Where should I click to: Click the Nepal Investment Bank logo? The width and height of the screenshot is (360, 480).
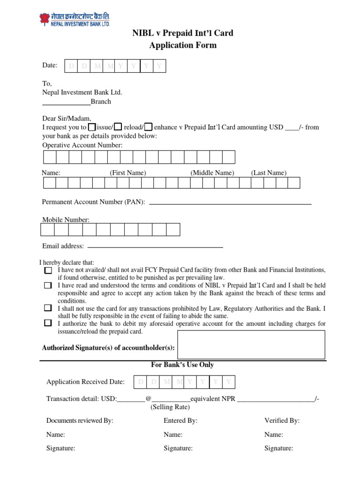(x=74, y=20)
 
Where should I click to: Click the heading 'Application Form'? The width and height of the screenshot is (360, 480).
(x=183, y=45)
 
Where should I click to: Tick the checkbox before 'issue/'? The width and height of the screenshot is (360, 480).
(x=92, y=127)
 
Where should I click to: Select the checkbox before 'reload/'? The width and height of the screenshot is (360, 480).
(x=119, y=127)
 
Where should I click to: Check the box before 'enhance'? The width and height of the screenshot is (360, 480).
(x=148, y=127)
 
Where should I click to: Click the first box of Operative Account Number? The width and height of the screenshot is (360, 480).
(x=49, y=157)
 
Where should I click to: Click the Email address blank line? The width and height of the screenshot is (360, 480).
(x=155, y=247)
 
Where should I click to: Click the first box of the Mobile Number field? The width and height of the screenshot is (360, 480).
(x=47, y=229)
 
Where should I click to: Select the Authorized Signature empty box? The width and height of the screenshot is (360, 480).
(x=251, y=345)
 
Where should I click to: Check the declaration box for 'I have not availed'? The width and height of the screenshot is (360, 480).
(x=48, y=270)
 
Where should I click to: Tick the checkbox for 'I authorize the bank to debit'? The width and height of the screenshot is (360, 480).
(x=48, y=323)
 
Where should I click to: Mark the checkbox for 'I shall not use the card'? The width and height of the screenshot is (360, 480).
(x=48, y=308)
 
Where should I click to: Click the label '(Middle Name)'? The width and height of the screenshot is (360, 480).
(x=212, y=172)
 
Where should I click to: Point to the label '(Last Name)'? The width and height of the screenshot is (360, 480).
(x=269, y=172)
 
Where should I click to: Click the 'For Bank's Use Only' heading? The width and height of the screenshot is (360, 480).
(x=182, y=365)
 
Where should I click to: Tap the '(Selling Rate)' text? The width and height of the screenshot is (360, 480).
(x=170, y=407)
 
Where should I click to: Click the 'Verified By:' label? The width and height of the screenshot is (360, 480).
(x=282, y=420)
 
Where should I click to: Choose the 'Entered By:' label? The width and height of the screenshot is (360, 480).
(x=180, y=420)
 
